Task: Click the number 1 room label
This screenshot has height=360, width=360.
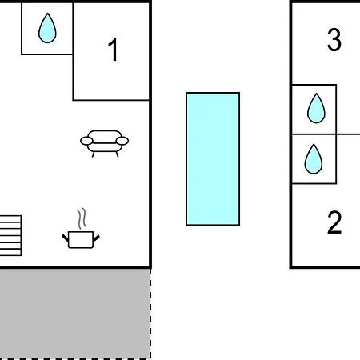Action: [113, 50]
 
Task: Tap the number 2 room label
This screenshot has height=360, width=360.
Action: [334, 222]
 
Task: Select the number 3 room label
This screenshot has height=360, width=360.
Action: [334, 40]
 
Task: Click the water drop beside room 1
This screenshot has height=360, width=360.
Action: [47, 28]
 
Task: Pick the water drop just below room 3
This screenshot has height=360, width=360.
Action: [316, 109]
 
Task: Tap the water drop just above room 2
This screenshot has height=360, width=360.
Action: [314, 159]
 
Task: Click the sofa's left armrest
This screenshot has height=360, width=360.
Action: [86, 141]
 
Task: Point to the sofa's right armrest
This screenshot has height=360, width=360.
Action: [122, 141]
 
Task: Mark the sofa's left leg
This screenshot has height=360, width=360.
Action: [93, 154]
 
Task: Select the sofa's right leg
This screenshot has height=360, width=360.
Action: [117, 154]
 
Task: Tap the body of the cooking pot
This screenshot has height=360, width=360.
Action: [81, 240]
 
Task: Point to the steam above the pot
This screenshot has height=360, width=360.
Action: [82, 218]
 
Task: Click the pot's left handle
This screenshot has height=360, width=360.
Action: [66, 238]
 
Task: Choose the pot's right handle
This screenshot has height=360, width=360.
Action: [96, 238]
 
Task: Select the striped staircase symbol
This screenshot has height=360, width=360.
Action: [10, 235]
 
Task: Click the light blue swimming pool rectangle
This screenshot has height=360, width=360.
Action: [213, 159]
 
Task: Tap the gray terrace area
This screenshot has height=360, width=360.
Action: [75, 314]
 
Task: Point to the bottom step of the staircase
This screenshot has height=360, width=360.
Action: [10, 253]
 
